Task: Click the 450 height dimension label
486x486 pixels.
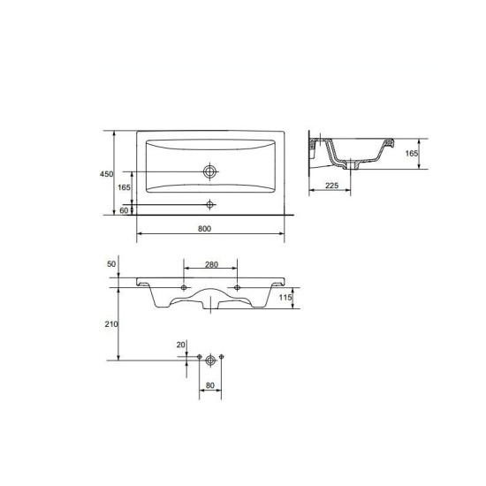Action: [x=105, y=174]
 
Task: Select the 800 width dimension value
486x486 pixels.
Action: [x=204, y=229]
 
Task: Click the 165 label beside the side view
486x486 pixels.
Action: [x=411, y=154]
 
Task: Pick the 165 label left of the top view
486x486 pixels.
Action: [x=125, y=187]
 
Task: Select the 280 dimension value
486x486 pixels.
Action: [x=210, y=264]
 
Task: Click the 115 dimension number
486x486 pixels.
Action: [x=285, y=299]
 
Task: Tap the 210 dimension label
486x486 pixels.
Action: [x=109, y=325]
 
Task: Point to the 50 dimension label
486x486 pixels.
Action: [x=110, y=264]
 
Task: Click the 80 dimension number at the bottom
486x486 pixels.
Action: [x=210, y=385]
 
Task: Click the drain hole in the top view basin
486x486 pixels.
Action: [x=210, y=171]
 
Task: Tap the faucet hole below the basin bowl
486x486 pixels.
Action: [x=210, y=204]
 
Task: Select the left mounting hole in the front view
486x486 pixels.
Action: [x=184, y=288]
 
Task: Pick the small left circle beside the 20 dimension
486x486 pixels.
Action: [x=201, y=358]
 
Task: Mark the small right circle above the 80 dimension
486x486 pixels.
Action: [x=221, y=358]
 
